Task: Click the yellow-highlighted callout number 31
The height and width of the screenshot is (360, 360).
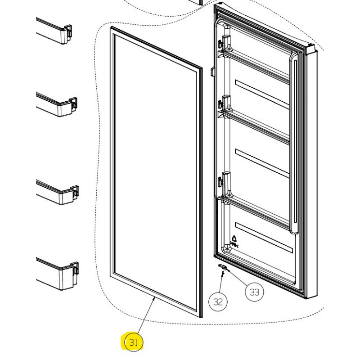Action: (x=133, y=342)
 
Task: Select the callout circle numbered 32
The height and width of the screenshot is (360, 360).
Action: (x=218, y=301)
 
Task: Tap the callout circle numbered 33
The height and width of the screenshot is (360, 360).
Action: (x=254, y=292)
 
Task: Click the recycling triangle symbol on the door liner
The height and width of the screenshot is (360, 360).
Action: (x=234, y=239)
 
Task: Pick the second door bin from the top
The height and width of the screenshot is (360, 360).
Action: (x=57, y=104)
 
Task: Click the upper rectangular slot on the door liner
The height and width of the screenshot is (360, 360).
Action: (x=261, y=94)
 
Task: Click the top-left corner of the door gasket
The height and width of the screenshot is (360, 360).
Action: (x=111, y=28)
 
